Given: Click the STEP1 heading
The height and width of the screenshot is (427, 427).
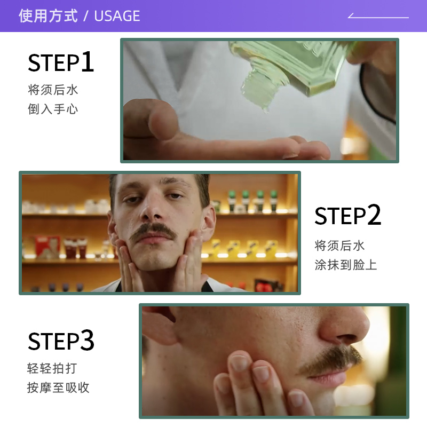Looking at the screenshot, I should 61,63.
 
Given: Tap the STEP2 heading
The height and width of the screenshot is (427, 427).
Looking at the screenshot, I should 347,216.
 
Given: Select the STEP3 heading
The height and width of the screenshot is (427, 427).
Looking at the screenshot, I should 61,341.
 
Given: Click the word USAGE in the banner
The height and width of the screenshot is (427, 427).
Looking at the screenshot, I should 117,16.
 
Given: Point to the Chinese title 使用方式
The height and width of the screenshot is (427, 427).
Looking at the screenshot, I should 48,16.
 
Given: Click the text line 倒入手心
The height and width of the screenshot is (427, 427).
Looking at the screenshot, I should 53,109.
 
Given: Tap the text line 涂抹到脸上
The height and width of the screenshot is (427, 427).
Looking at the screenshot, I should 345,265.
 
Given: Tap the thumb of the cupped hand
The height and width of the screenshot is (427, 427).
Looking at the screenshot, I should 160,120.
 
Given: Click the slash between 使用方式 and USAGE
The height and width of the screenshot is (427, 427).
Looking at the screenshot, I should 86,16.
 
